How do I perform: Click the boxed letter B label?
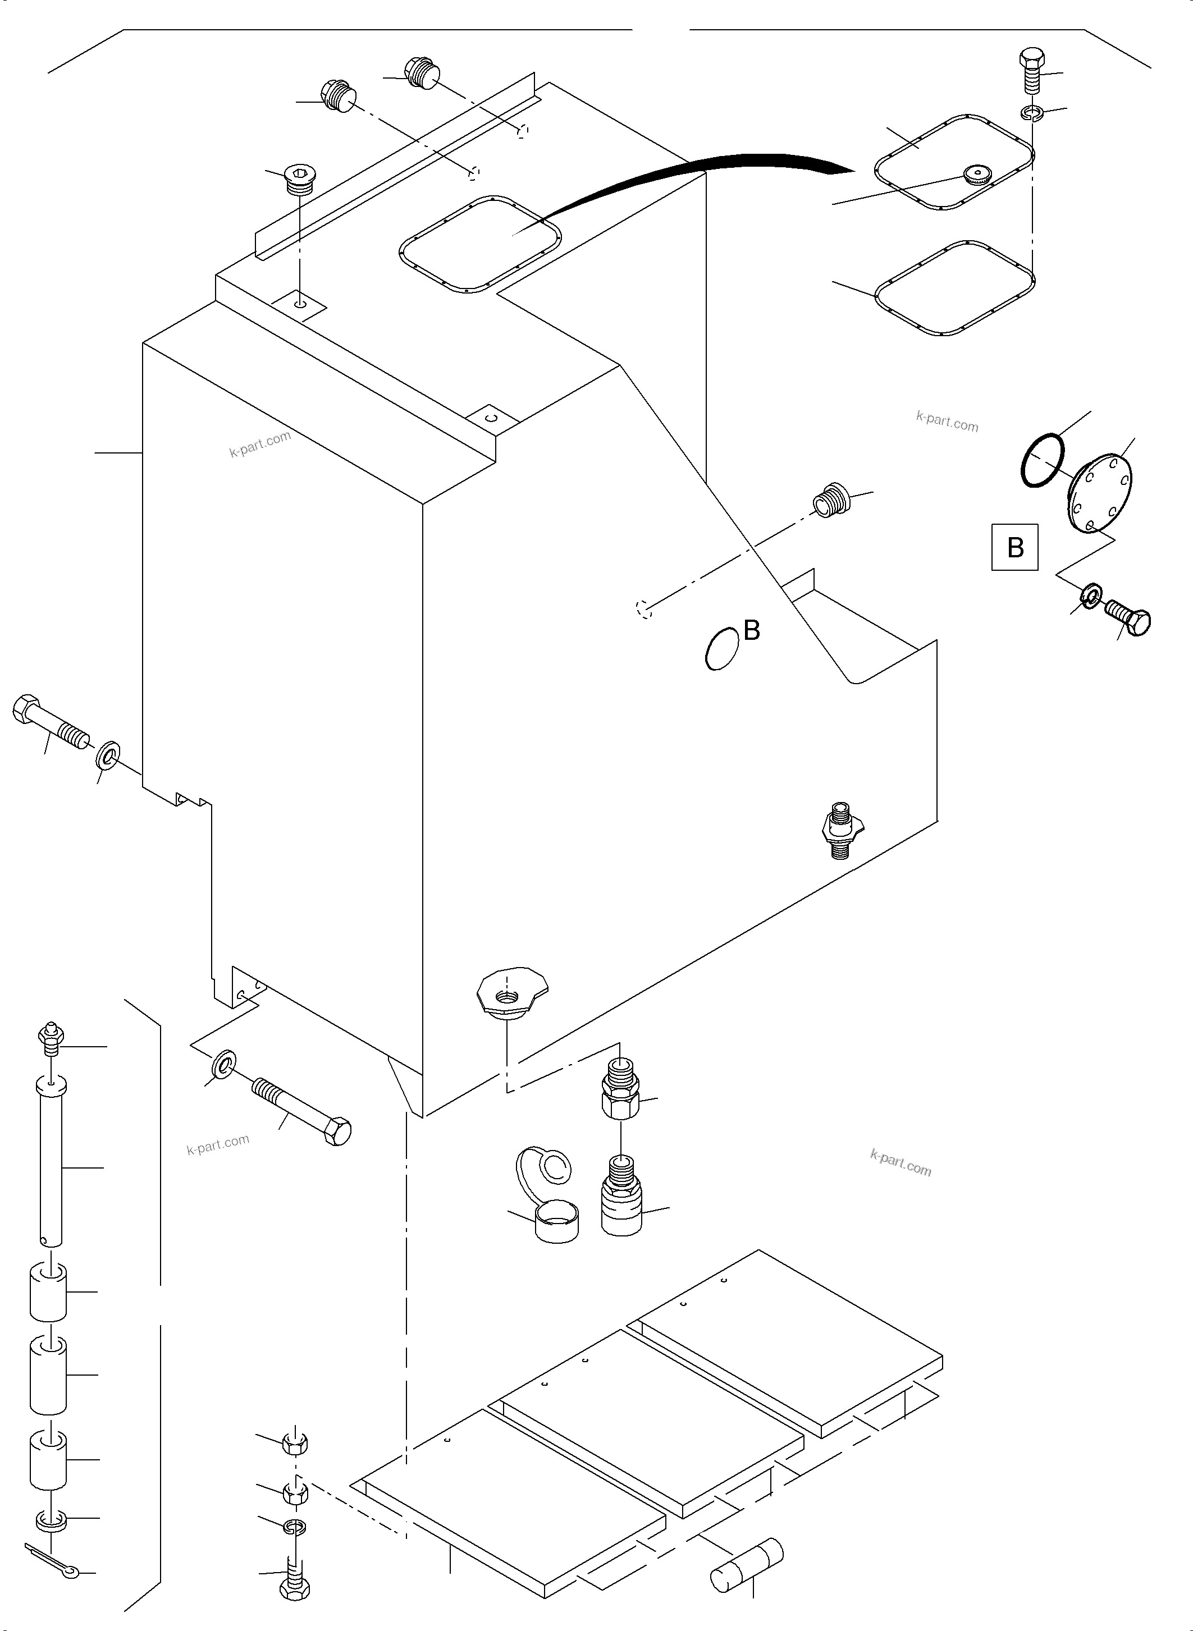coord(1014,547)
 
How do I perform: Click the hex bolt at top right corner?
coord(1032,70)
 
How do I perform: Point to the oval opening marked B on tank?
coord(722,648)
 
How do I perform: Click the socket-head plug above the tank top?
coord(299,179)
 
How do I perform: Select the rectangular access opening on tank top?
coord(479,244)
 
